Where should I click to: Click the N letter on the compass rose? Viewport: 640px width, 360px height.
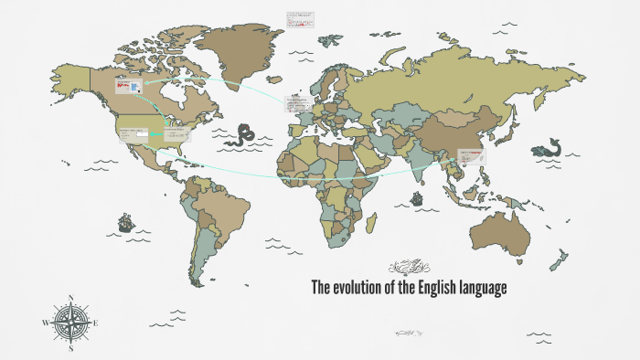pyautogui.click(x=70, y=298)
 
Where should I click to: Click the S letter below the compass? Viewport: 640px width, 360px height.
pyautogui.click(x=70, y=348)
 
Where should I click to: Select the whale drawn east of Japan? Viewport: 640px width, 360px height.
pyautogui.click(x=551, y=147)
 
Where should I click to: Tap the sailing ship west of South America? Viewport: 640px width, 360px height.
pyautogui.click(x=124, y=221)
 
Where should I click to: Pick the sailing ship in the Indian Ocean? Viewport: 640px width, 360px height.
pyautogui.click(x=417, y=197)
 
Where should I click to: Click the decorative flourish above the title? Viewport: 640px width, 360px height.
pyautogui.click(x=408, y=267)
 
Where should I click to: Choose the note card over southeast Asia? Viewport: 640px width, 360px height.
pyautogui.click(x=472, y=156)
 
